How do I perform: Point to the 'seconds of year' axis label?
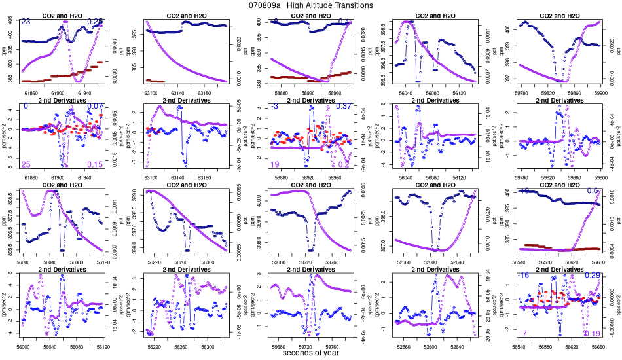coord(312,353)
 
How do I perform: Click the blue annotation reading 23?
coord(26,22)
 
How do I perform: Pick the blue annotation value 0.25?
coord(96,22)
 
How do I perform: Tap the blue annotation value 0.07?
coord(96,107)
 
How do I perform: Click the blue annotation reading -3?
coord(275,107)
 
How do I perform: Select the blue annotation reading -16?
coord(523,276)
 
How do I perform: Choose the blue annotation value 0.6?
coord(593,191)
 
